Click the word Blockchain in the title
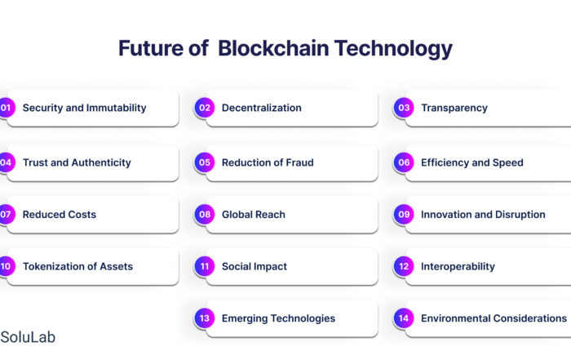click(273, 48)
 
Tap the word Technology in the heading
click(393, 49)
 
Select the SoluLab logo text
click(28, 337)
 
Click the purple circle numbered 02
click(205, 108)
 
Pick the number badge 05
click(205, 162)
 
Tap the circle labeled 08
click(205, 214)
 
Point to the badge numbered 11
click(205, 266)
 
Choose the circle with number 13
click(205, 318)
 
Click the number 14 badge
click(404, 318)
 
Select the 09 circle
click(404, 214)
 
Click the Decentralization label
click(262, 108)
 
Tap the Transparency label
click(454, 109)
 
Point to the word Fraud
click(299, 162)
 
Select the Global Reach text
click(254, 214)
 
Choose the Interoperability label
click(458, 267)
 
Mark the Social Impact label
click(255, 267)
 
